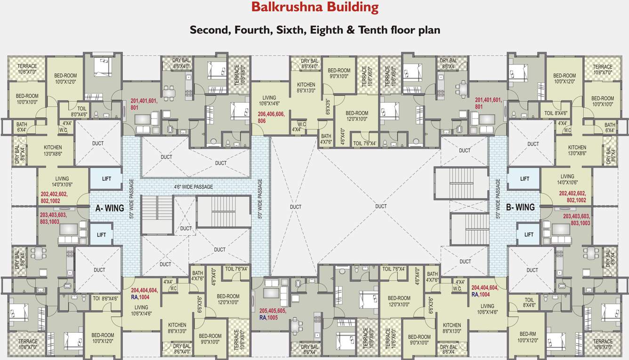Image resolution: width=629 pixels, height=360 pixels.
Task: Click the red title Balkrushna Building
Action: pyautogui.click(x=314, y=8)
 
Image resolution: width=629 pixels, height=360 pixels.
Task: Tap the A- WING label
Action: pyautogui.click(x=110, y=208)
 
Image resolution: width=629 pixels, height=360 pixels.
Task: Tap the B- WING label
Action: pyautogui.click(x=520, y=207)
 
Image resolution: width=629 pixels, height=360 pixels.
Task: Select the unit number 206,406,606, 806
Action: pyautogui.click(x=272, y=117)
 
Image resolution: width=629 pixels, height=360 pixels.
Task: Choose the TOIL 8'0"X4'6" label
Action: pyautogui.click(x=79, y=111)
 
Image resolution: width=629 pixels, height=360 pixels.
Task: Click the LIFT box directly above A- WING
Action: pyautogui.click(x=106, y=179)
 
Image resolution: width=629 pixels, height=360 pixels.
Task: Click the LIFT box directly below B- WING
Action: pyautogui.click(x=529, y=234)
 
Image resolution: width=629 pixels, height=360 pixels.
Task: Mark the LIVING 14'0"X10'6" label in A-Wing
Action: pyautogui.click(x=62, y=182)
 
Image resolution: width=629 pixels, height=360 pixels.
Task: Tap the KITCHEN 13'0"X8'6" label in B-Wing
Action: pyautogui.click(x=577, y=150)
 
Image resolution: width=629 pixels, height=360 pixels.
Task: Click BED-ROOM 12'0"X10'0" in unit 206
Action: pyautogui.click(x=356, y=116)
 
